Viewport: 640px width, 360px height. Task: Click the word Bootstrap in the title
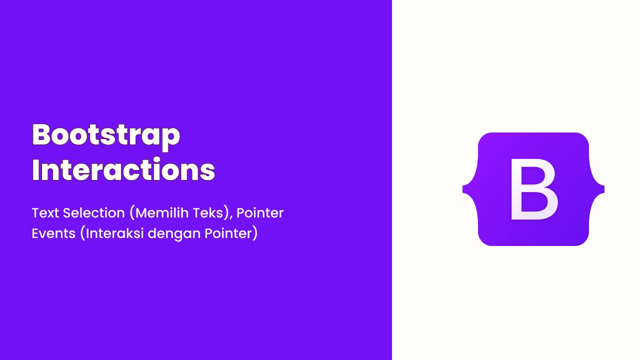click(x=106, y=136)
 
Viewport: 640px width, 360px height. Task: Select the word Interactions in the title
click(x=123, y=169)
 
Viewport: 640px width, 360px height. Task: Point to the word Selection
click(x=94, y=213)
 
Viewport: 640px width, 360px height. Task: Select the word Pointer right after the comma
click(x=260, y=213)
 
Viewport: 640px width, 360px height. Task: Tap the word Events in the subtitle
click(x=53, y=233)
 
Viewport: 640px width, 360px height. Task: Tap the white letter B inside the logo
click(x=533, y=189)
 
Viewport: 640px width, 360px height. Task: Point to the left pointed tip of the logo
click(x=463, y=189)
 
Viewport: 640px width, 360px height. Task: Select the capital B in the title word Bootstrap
click(x=41, y=134)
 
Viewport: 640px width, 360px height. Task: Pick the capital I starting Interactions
click(x=35, y=169)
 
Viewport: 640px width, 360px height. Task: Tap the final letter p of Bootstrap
click(x=171, y=139)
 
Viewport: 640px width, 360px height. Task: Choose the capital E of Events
click(x=35, y=233)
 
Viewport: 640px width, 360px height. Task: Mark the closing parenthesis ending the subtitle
click(x=255, y=233)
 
